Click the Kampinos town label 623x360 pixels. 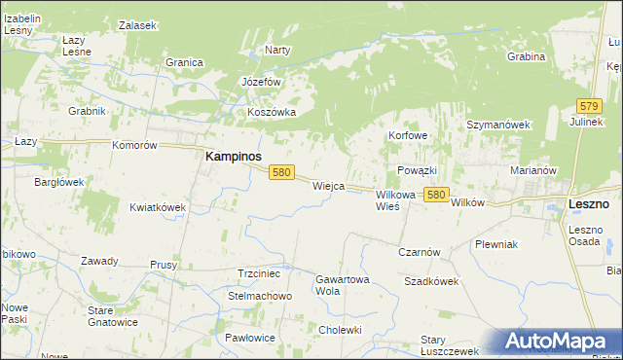[233, 156]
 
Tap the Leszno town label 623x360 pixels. [589, 204]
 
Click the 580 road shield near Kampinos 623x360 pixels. [281, 172]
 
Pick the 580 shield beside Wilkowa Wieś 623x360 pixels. [436, 195]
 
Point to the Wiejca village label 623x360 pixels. [328, 185]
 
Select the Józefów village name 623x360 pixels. [261, 82]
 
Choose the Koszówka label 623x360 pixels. [272, 112]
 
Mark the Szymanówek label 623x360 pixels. [497, 126]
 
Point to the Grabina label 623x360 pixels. [526, 56]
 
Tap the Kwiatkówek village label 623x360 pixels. [158, 207]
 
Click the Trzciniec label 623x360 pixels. [259, 274]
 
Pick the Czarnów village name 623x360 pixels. [420, 251]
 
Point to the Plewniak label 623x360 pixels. [495, 244]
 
